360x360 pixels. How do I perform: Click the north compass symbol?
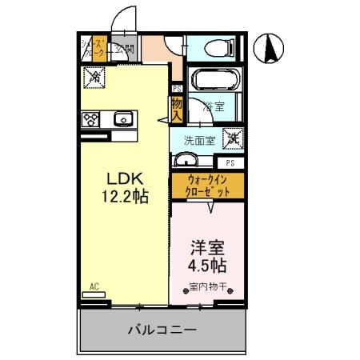coord(272,50)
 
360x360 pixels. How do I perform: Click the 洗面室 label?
coord(199,140)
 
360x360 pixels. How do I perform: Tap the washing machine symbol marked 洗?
coord(232,138)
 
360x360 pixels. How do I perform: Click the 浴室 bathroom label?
coord(212,105)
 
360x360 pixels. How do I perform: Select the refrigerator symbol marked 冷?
coord(94,77)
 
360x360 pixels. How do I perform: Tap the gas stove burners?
coord(89,120)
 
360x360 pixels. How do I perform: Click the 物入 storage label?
coord(176,109)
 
